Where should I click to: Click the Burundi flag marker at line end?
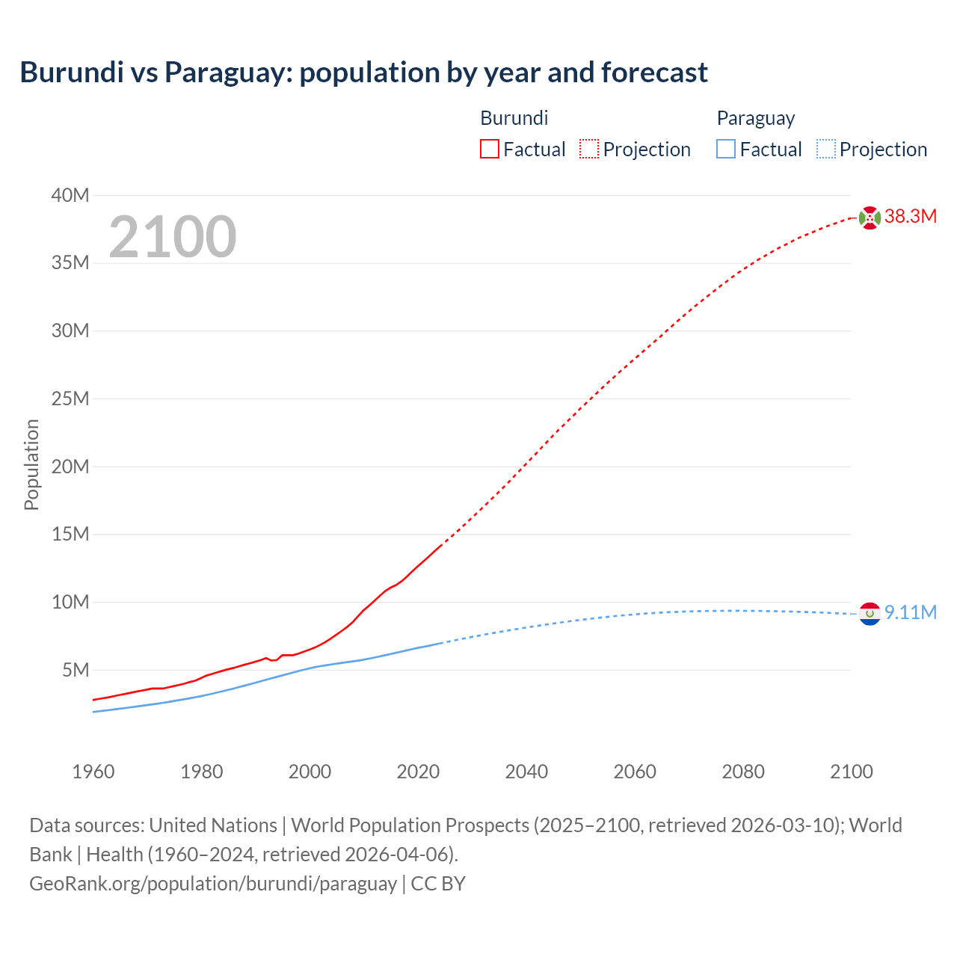(x=870, y=218)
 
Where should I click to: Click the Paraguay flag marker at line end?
(x=870, y=614)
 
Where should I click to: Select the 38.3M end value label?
(x=911, y=217)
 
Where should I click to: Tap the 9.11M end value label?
(x=911, y=613)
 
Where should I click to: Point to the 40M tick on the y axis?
(x=70, y=196)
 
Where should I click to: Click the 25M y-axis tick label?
(x=70, y=399)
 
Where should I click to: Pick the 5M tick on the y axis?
(x=76, y=671)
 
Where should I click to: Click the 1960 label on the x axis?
(x=93, y=772)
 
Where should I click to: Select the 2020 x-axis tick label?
(x=418, y=772)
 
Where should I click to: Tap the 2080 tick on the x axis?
(x=743, y=772)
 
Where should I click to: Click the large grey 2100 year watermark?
(x=173, y=237)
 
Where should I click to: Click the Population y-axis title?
(x=31, y=464)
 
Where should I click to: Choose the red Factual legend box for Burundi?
(x=490, y=150)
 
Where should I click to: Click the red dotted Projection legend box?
(x=589, y=150)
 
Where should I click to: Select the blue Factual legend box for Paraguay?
(x=726, y=150)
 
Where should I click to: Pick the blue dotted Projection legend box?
(x=826, y=150)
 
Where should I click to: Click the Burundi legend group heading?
(x=514, y=118)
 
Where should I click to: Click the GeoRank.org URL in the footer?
(x=213, y=884)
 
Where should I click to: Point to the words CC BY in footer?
(x=438, y=884)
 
